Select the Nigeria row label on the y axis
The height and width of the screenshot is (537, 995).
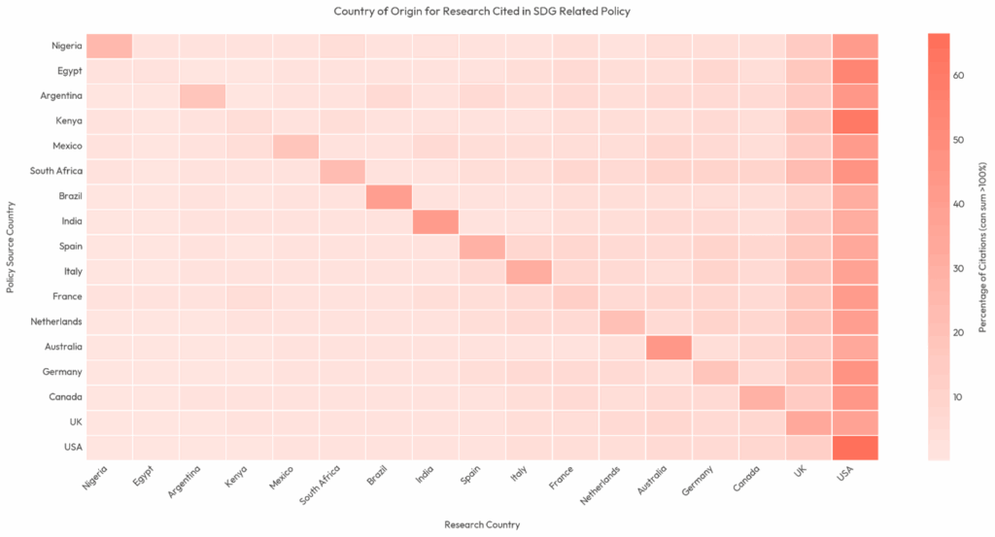pos(67,46)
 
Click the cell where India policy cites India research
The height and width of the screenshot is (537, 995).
pos(435,221)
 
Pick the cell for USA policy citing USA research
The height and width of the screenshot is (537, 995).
pos(855,447)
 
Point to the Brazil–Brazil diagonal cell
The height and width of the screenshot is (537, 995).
pos(389,196)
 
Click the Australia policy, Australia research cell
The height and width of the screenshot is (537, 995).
pos(669,347)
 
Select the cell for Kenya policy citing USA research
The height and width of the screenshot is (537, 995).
pos(855,121)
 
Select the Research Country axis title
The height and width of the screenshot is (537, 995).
pos(482,524)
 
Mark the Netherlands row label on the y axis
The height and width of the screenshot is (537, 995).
pos(56,321)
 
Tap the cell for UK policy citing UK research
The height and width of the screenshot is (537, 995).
pos(808,422)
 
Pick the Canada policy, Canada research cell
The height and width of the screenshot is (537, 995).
pos(762,397)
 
